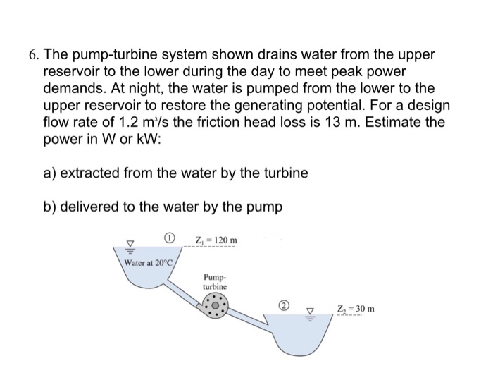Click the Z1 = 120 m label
[218, 241]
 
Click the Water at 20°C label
[150, 262]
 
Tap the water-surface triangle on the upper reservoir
[128, 246]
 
